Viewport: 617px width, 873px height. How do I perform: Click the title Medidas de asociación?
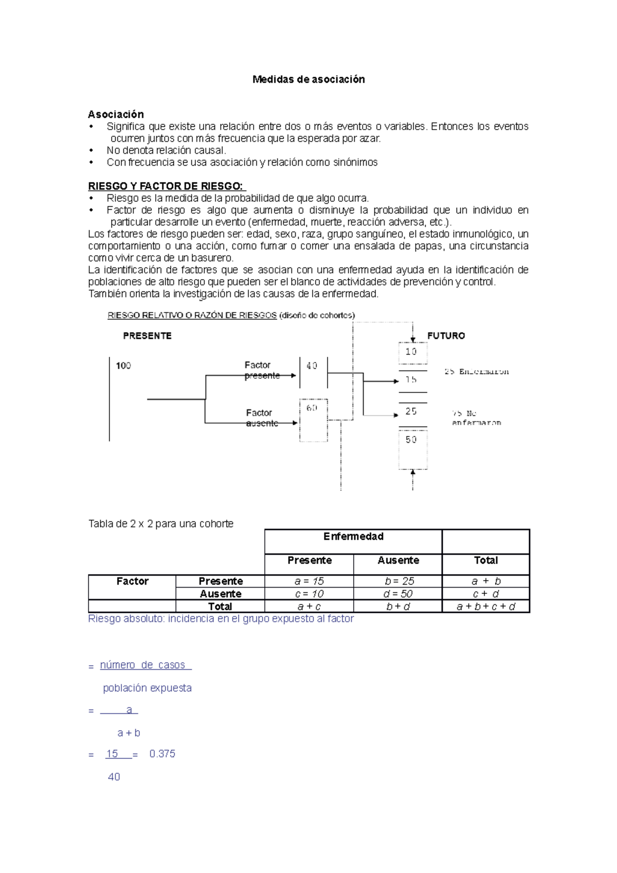click(x=308, y=79)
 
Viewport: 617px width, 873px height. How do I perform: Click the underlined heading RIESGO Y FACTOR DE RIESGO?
click(x=167, y=186)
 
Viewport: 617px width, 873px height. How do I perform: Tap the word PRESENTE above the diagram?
click(x=147, y=336)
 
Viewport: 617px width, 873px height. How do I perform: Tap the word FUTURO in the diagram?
click(x=446, y=336)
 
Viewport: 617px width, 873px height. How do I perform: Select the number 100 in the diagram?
click(x=123, y=366)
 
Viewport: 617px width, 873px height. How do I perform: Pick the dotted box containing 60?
click(x=313, y=419)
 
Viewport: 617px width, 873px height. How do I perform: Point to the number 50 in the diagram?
click(x=411, y=440)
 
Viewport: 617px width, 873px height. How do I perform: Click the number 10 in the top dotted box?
click(x=411, y=352)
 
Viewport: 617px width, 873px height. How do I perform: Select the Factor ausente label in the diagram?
click(x=261, y=418)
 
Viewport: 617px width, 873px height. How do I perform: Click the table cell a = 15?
click(x=309, y=581)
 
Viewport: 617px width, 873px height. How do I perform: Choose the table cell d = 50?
click(x=398, y=594)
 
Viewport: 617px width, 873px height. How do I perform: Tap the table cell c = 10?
click(x=309, y=594)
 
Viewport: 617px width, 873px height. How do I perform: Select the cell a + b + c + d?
click(x=486, y=607)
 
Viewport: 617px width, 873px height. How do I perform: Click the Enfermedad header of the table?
click(x=353, y=537)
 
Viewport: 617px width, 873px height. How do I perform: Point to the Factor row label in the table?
click(x=132, y=581)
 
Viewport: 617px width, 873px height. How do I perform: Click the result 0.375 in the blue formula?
click(x=162, y=754)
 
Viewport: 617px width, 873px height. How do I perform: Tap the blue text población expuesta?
click(x=147, y=688)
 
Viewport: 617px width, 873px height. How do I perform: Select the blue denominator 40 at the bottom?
click(x=114, y=777)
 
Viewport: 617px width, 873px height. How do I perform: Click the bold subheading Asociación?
click(x=116, y=114)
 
